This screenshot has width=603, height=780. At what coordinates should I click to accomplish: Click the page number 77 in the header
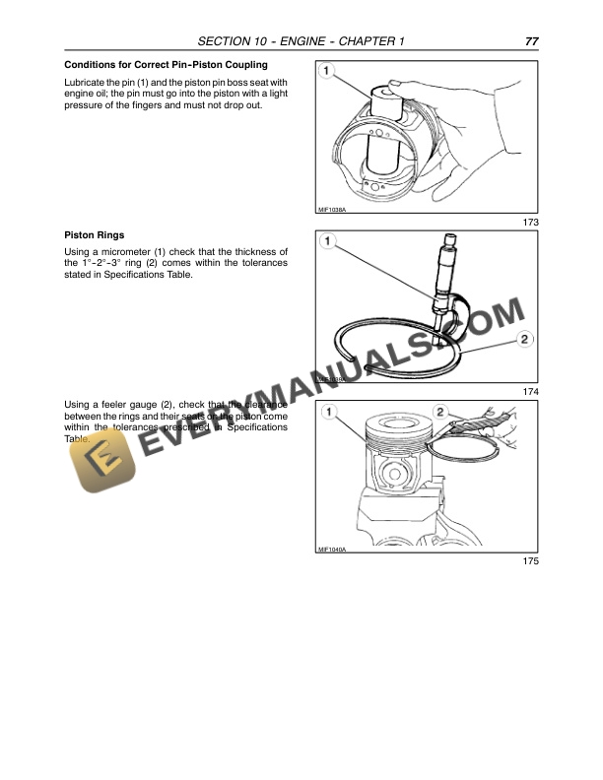point(531,41)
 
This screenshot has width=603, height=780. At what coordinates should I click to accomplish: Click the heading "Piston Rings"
point(94,235)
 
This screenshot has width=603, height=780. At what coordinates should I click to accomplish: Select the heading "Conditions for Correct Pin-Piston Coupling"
point(159,65)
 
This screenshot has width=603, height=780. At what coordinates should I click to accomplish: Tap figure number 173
point(531,224)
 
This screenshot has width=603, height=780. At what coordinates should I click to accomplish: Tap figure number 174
point(531,392)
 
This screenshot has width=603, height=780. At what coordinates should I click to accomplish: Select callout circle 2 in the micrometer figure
point(525,340)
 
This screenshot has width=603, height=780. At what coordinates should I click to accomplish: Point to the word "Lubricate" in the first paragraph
point(85,82)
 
